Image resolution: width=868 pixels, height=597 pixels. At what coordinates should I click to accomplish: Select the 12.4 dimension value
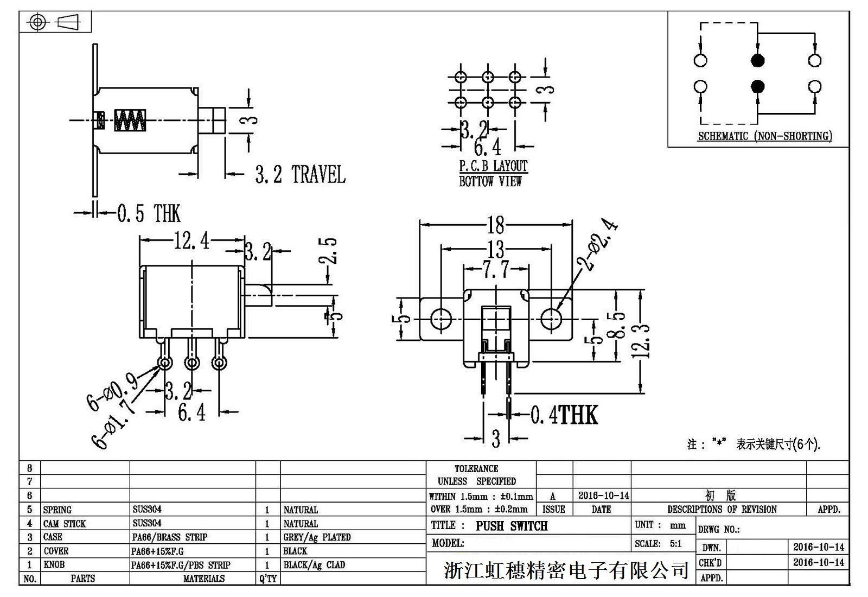[x=191, y=240]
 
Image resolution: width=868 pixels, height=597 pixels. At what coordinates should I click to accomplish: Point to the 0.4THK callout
[x=564, y=415]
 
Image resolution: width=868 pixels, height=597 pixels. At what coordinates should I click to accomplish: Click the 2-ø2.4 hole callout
[x=599, y=245]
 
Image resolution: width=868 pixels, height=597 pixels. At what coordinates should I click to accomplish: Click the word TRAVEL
[x=318, y=174]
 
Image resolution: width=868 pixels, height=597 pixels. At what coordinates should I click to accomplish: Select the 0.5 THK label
[x=149, y=213]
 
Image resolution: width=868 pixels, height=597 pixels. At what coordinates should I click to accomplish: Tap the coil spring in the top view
[x=130, y=120]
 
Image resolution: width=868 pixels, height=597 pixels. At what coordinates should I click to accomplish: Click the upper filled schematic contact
[x=757, y=60]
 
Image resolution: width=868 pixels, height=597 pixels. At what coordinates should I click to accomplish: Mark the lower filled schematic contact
[x=757, y=86]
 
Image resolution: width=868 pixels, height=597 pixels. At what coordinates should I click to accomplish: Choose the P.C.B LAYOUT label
[x=493, y=166]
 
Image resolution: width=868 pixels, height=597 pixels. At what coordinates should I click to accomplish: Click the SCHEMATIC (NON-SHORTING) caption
[x=764, y=136]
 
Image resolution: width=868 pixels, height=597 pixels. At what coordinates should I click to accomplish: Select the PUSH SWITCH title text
[x=512, y=526]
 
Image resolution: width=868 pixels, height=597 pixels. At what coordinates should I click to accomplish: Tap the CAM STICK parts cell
[x=65, y=524]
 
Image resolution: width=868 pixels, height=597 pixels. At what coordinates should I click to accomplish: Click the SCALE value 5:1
[x=675, y=544]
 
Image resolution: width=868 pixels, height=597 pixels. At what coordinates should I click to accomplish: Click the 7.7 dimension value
[x=495, y=269]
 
